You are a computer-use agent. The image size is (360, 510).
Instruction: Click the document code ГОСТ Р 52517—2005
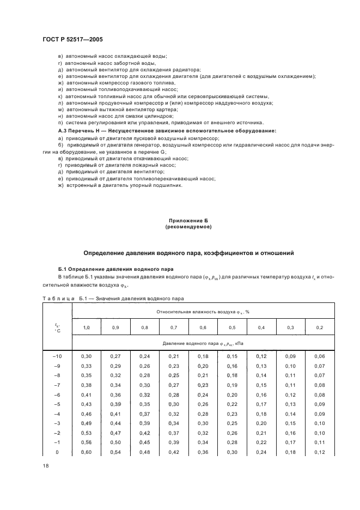pos(72,40)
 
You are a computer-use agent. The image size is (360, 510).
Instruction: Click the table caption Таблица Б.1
pos(60,298)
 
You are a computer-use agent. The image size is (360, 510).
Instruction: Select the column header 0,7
pos(173,326)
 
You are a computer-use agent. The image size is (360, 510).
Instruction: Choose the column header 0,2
pos(320,326)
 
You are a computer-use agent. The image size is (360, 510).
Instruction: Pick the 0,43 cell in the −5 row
pos(86,404)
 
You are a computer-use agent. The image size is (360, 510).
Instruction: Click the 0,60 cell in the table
pos(86,452)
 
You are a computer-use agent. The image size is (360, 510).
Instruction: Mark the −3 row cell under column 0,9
pos(115,423)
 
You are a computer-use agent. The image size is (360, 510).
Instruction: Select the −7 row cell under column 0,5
pos(232,384)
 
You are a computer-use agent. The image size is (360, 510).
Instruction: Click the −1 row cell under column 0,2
pos(320,442)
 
